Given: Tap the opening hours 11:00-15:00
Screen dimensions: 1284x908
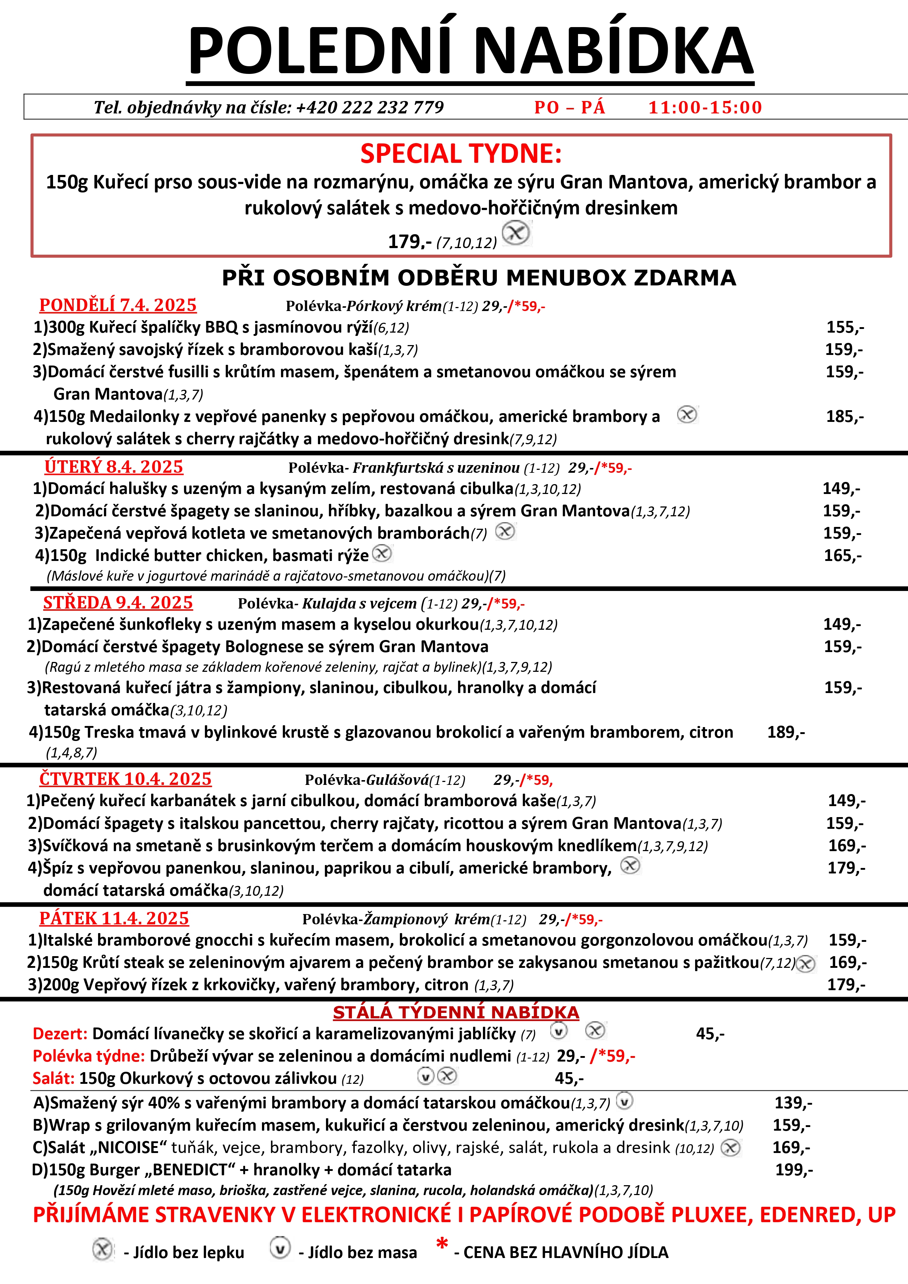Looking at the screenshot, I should [x=705, y=107].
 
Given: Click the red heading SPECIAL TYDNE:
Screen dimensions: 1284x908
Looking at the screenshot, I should [x=461, y=154].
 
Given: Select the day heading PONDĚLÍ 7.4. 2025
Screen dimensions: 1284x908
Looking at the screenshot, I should [x=118, y=305].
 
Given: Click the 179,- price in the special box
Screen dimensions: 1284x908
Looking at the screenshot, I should [x=410, y=242].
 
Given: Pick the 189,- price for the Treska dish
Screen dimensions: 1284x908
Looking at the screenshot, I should [x=785, y=732].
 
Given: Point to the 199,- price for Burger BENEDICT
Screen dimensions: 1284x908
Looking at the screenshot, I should [x=794, y=1169].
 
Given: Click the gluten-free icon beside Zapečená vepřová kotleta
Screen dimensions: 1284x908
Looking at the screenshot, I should [x=505, y=531].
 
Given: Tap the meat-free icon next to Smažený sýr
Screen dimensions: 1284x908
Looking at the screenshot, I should [x=624, y=1101].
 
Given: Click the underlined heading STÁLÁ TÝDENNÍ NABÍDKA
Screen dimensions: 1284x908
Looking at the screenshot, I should [x=456, y=1012].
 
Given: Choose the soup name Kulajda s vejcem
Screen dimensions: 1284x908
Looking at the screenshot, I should [x=360, y=603].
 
